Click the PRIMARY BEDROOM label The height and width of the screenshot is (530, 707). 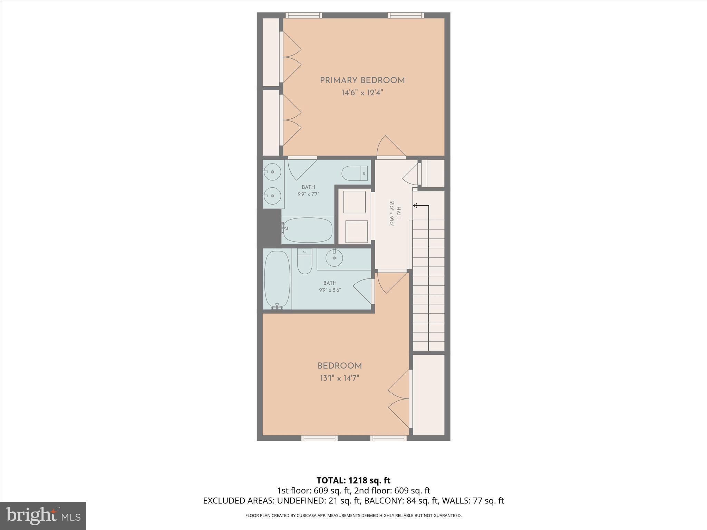point(362,80)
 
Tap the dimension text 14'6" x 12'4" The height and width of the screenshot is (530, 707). point(362,93)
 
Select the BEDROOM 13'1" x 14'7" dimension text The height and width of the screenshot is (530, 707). point(339,378)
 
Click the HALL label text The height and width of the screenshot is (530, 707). point(398,213)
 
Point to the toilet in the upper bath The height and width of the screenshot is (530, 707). point(355,173)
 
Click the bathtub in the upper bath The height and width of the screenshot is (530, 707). point(307,230)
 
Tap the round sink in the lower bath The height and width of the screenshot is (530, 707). point(334,258)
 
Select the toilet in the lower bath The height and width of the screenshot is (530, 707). point(304,261)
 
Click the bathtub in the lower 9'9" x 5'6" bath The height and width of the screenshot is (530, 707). point(277,279)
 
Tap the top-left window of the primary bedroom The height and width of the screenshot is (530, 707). point(304,15)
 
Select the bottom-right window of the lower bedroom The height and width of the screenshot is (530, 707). point(388,438)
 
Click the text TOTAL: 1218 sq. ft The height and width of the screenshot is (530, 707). point(353,480)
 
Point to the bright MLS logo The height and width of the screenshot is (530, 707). point(43,516)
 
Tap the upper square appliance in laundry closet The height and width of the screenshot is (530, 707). point(354,202)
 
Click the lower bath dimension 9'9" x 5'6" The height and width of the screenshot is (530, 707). point(330,290)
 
